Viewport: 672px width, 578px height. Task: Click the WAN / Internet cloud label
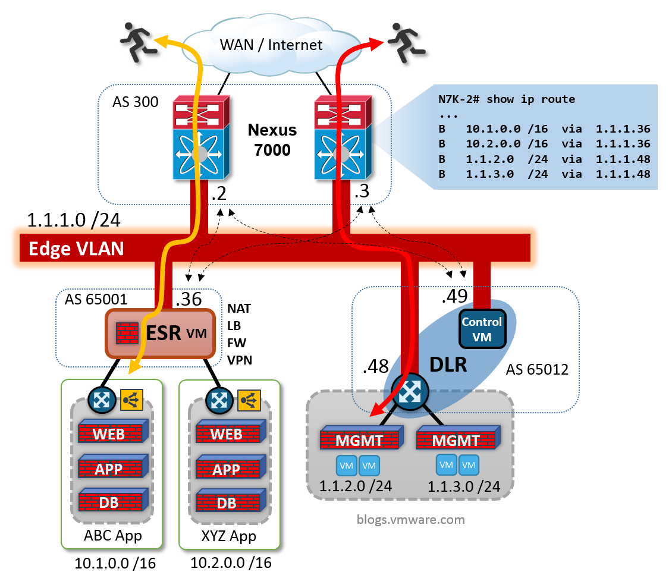[x=271, y=45]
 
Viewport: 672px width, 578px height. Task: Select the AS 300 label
[x=135, y=102]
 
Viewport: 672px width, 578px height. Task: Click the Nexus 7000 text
[x=272, y=140]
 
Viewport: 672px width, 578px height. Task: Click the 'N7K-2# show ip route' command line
[x=506, y=99]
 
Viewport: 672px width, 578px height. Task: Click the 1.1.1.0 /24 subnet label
[x=74, y=220]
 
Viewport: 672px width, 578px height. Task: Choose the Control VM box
[x=482, y=328]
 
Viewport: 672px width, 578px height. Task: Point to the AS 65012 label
[x=537, y=370]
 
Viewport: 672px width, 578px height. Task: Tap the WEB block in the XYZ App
[x=226, y=434]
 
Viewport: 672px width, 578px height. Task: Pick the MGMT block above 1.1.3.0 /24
[x=456, y=441]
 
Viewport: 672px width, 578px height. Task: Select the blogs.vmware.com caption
[x=410, y=520]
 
